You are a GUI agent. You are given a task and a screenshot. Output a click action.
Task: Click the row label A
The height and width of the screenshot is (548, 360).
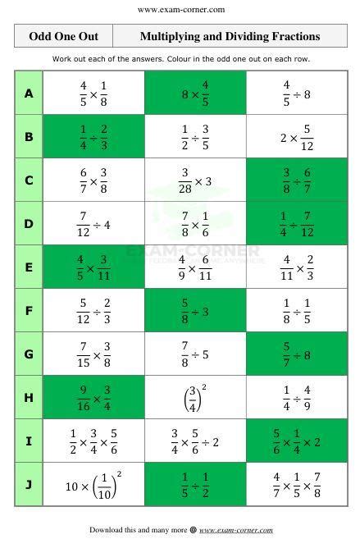[29, 94]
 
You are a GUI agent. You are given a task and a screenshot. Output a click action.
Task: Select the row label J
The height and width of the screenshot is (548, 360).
[29, 484]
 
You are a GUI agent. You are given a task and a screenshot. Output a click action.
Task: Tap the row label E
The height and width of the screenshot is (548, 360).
[29, 267]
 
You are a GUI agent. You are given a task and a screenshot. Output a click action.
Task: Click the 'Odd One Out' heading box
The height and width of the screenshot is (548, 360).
[63, 36]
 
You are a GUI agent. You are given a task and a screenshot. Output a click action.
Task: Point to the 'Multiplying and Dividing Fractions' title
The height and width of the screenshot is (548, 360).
[230, 36]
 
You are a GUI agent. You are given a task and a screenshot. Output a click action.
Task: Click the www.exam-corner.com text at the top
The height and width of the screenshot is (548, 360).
[181, 10]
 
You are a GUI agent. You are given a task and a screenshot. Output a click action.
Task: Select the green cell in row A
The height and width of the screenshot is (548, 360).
[195, 94]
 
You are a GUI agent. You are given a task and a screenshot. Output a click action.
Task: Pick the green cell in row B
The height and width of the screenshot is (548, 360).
[93, 137]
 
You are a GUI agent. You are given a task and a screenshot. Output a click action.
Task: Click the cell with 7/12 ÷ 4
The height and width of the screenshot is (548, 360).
[93, 224]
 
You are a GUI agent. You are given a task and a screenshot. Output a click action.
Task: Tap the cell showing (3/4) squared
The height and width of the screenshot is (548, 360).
[195, 397]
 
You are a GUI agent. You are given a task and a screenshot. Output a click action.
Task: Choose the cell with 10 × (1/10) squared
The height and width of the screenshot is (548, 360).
[93, 484]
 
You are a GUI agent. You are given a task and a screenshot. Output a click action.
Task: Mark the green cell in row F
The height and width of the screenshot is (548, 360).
[195, 311]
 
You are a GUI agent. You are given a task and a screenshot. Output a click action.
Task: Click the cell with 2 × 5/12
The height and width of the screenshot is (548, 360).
[297, 137]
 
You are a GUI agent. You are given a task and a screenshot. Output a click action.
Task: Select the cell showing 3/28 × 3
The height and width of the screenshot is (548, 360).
[195, 180]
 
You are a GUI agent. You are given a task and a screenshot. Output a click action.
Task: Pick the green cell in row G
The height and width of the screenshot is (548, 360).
[297, 354]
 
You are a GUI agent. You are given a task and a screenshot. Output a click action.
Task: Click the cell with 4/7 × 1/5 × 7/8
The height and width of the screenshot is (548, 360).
[297, 484]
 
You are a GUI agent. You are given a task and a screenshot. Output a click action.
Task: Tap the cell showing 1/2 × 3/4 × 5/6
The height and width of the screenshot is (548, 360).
[93, 441]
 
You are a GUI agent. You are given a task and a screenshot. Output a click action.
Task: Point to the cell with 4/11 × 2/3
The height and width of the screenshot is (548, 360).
[297, 267]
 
